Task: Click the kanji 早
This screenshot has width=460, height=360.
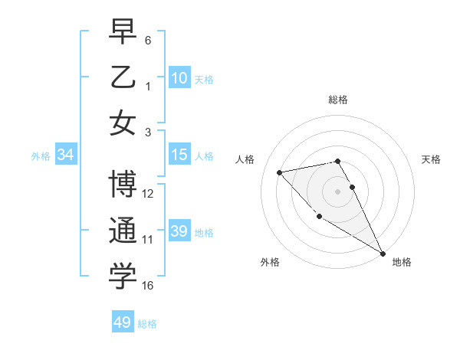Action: coord(123,33)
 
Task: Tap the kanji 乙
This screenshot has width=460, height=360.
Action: coord(123,77)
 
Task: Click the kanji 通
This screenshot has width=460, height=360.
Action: coord(123,231)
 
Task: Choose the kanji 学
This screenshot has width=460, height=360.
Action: coord(123,277)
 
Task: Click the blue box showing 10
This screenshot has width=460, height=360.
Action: coord(179,77)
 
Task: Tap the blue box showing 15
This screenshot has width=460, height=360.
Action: coord(179,155)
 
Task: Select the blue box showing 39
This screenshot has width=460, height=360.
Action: coord(179,231)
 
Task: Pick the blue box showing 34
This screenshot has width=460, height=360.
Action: coord(66,155)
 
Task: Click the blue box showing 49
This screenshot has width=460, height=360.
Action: coord(123,322)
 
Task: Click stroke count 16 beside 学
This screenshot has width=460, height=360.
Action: coord(148,286)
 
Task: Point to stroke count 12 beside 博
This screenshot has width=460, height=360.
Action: coord(148,194)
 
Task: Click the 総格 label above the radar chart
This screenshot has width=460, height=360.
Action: coord(337,100)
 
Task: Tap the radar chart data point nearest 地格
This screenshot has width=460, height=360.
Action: coord(383,254)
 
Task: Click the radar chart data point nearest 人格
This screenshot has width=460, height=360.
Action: coord(280,172)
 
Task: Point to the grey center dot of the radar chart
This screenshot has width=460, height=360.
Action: coord(337,191)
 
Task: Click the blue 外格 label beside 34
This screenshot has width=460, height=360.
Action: coord(41,155)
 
